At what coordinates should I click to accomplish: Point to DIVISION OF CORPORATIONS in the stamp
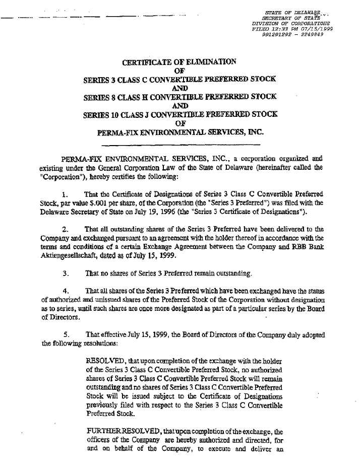[290, 23]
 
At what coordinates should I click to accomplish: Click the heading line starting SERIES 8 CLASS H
[180, 98]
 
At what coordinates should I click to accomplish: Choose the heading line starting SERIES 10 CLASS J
[180, 115]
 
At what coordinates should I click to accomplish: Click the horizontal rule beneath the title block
[180, 145]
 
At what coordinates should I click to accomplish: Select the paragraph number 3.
[65, 274]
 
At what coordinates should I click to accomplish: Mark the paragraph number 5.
[65, 334]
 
